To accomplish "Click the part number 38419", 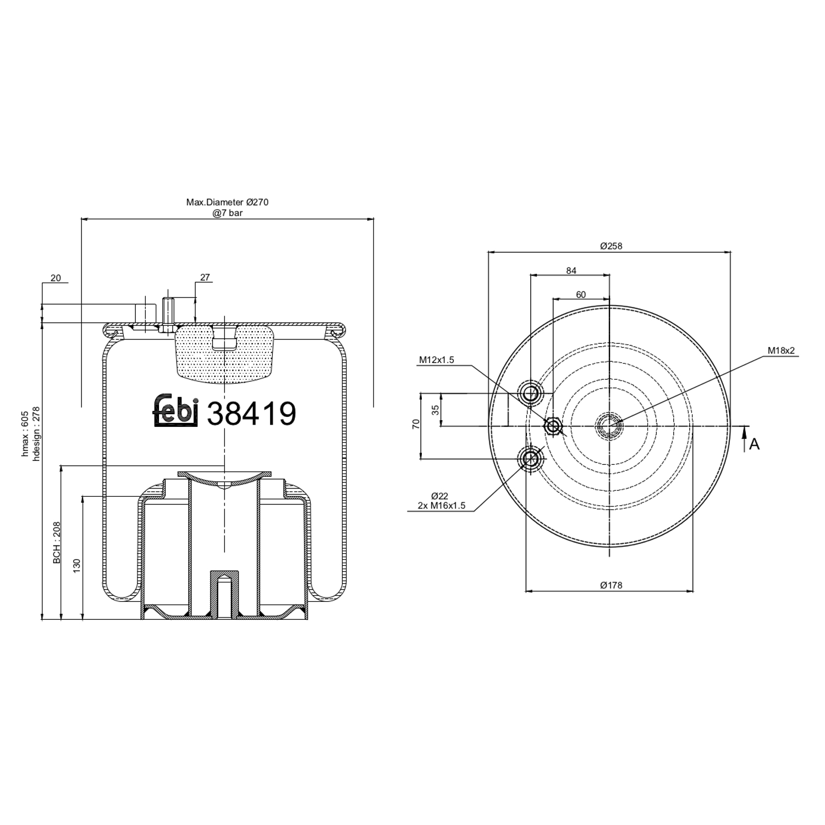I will (x=251, y=414).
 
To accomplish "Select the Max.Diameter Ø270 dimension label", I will (x=227, y=202).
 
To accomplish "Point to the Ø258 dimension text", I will (x=610, y=246).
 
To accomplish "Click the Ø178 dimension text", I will (x=610, y=585).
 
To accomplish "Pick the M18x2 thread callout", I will (x=782, y=351).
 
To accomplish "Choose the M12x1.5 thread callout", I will (x=436, y=360).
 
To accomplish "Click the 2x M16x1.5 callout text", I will (x=441, y=506).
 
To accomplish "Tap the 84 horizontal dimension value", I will (x=571, y=270).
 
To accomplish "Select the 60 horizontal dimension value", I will (x=581, y=294).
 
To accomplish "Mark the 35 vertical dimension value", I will (x=436, y=410).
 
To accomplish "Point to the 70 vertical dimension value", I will (x=416, y=424).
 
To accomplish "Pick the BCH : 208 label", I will (x=57, y=543).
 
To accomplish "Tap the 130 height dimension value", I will (x=77, y=564).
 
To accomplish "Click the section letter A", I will (x=754, y=444).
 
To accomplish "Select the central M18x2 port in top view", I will (x=609, y=425).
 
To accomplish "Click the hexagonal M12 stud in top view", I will (x=553, y=426).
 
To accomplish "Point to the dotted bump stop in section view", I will (x=224, y=352).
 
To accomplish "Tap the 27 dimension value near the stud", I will (x=205, y=278).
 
